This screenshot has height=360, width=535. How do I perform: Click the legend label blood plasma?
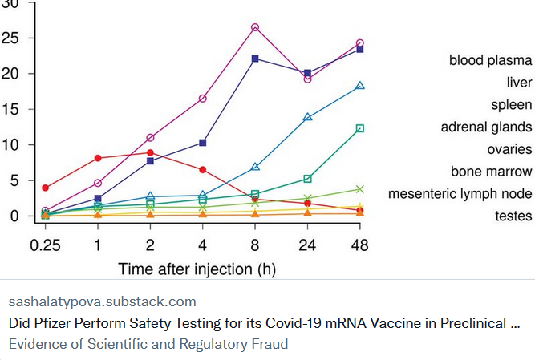[490, 60]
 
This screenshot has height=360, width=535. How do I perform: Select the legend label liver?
[519, 83]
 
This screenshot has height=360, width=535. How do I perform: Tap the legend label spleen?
[511, 105]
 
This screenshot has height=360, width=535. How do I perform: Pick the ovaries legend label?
[509, 149]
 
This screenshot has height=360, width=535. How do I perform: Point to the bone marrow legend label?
[491, 171]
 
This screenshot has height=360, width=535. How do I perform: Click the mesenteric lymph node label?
[460, 193]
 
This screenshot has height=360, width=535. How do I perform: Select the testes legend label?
[513, 216]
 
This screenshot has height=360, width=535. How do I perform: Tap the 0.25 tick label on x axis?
[45, 244]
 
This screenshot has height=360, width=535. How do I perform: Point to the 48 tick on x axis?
[360, 244]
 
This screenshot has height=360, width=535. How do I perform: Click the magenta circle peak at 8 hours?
[255, 27]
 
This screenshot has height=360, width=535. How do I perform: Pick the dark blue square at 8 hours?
[255, 59]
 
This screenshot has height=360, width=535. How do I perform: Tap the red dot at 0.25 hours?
[45, 188]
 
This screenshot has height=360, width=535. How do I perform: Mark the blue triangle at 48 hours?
[360, 86]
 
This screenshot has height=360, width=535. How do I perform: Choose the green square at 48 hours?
[360, 128]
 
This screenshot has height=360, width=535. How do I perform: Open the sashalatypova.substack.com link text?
[102, 302]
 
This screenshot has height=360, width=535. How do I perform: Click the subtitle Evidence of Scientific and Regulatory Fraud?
[148, 344]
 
